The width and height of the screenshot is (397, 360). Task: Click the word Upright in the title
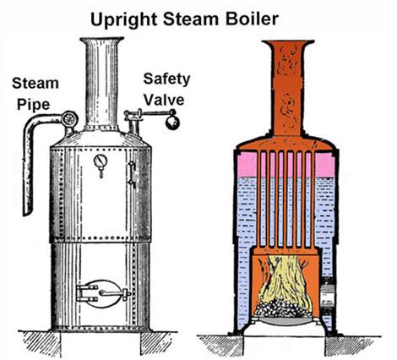(123, 20)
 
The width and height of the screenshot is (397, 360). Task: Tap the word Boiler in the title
(252, 19)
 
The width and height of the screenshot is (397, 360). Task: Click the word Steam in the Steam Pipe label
(35, 84)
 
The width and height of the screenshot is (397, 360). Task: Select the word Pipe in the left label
(34, 105)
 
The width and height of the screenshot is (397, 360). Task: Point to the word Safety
(166, 79)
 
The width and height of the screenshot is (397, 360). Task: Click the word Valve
(165, 100)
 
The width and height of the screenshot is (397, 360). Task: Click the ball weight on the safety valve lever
(172, 122)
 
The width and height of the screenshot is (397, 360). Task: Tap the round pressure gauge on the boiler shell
(101, 161)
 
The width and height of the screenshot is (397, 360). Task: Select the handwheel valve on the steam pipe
(69, 119)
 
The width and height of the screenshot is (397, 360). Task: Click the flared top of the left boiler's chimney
(102, 41)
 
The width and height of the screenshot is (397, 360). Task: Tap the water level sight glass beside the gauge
(132, 174)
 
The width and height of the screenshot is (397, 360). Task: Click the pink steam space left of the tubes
(247, 165)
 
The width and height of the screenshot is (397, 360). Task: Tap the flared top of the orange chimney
(288, 44)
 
